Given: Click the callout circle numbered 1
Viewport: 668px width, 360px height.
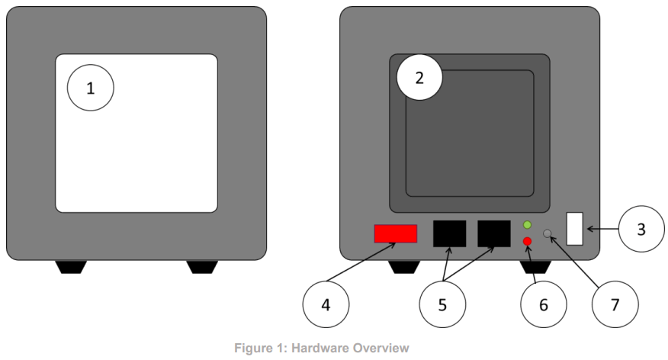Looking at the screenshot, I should (x=91, y=88).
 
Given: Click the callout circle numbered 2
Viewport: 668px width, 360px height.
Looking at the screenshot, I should (x=419, y=76).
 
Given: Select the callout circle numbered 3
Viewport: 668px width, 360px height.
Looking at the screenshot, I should (x=641, y=228).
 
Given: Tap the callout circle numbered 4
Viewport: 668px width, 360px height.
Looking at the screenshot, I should (x=326, y=304).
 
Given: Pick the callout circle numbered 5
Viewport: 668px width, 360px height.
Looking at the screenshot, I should (x=443, y=304).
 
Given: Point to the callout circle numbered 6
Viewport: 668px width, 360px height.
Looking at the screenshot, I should (x=544, y=304).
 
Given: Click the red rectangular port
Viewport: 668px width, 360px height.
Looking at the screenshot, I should (x=395, y=233).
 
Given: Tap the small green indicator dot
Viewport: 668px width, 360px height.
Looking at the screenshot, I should (x=527, y=225).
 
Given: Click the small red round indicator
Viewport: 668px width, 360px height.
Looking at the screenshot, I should (x=527, y=242).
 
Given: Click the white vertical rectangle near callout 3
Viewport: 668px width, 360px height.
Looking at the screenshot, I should (x=575, y=228).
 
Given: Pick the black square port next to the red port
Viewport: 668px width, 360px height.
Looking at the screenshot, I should (x=449, y=233).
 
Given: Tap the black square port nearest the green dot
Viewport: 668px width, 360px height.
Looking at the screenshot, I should (x=493, y=233).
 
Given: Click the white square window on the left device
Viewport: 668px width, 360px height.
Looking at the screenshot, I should (x=136, y=133).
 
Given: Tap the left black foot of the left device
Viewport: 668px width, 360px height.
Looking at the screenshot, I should (x=71, y=267).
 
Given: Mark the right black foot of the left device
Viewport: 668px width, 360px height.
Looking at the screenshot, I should (x=201, y=267).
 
